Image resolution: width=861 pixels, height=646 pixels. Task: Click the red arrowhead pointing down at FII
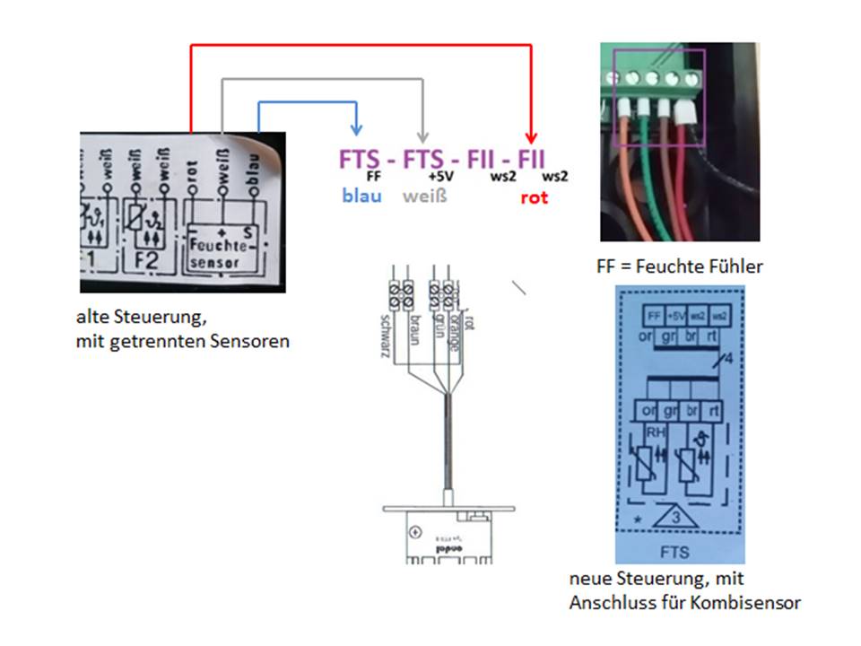[x=530, y=136]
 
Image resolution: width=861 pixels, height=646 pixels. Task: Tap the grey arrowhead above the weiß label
[x=424, y=135]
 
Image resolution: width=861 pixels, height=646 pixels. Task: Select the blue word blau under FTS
[x=361, y=196]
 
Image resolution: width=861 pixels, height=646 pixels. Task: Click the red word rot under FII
[x=535, y=196]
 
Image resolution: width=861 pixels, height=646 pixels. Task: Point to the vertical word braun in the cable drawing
[x=414, y=330]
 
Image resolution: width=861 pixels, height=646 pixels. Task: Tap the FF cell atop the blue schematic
[x=653, y=316]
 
